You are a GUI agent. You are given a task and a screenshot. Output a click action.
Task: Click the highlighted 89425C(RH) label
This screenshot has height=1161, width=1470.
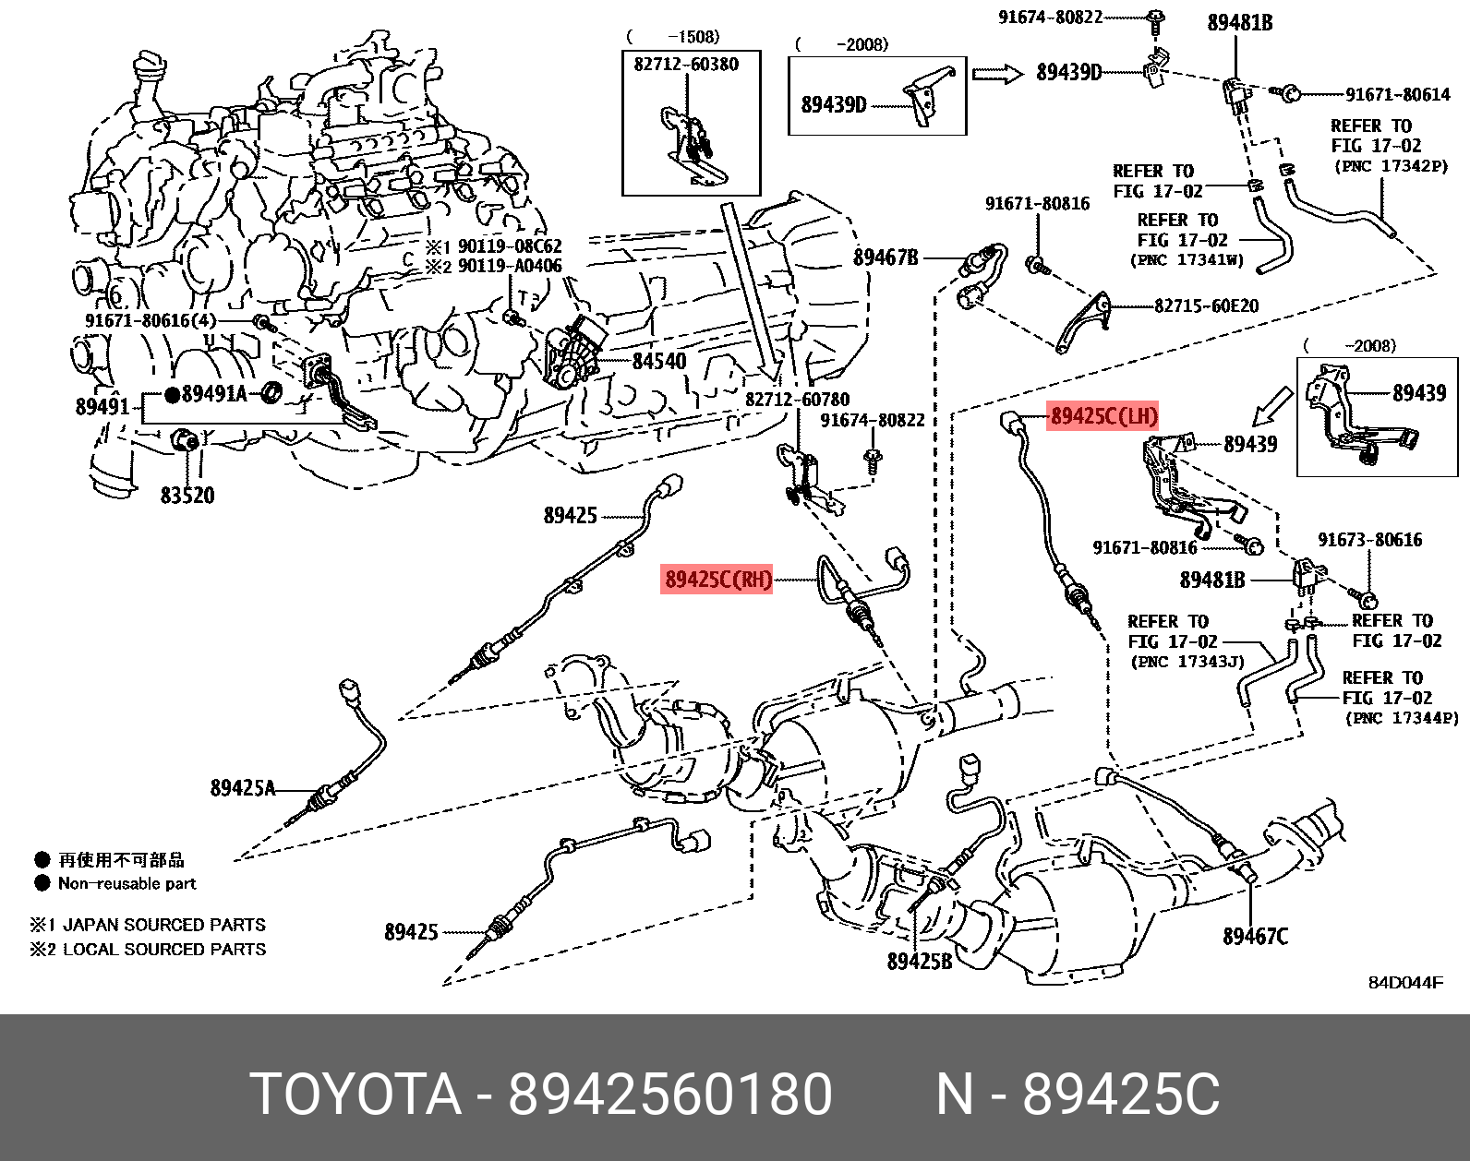(717, 580)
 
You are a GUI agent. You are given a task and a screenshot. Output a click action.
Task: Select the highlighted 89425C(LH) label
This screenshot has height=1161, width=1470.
(1102, 416)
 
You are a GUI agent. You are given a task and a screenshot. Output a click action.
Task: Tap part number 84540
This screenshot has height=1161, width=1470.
(658, 361)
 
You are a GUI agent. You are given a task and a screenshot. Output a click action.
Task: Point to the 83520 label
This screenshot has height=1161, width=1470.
(187, 496)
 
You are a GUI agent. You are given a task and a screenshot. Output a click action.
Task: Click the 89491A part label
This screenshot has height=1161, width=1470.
(214, 394)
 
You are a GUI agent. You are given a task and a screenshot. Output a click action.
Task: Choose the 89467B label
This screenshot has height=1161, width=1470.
(886, 257)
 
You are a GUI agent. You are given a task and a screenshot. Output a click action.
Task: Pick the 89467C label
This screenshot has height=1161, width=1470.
(1255, 937)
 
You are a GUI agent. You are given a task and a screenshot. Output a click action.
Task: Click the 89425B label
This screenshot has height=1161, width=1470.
(919, 962)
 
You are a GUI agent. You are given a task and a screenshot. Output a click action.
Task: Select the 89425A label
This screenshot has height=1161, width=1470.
(243, 788)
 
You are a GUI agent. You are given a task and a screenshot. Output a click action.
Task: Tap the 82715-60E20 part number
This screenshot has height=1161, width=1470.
(1206, 306)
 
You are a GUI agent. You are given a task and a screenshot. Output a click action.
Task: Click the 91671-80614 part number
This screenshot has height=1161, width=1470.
(1397, 94)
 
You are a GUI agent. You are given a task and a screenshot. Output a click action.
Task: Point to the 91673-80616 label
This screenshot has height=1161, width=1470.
(1369, 540)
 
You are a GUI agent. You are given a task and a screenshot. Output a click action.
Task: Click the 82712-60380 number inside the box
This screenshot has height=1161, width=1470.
(686, 65)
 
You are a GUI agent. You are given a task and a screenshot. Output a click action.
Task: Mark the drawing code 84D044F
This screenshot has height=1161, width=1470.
(1404, 983)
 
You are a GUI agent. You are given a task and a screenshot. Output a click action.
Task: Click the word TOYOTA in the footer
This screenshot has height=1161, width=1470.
(355, 1095)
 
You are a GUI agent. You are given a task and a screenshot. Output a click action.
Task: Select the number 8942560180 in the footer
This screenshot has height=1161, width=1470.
(670, 1095)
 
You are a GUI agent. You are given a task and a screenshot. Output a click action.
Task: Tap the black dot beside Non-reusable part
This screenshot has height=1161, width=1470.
(42, 883)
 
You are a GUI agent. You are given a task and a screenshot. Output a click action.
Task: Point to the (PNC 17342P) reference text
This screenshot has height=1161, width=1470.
(1391, 166)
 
